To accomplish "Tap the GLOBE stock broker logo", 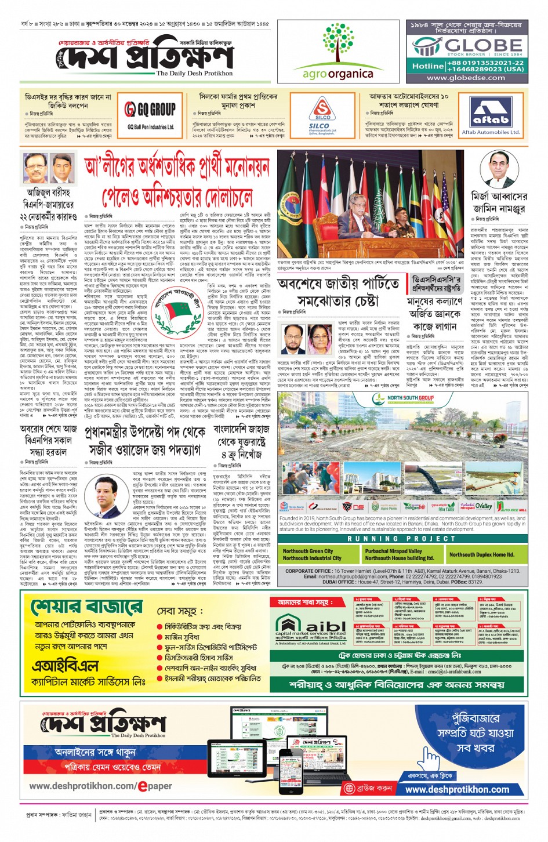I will [467, 46].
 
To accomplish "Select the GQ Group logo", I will [150, 109].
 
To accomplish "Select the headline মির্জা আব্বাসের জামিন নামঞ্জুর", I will [498, 202].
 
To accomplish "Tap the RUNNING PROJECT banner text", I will [401, 538].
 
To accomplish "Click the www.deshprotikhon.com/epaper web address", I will [100, 786].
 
